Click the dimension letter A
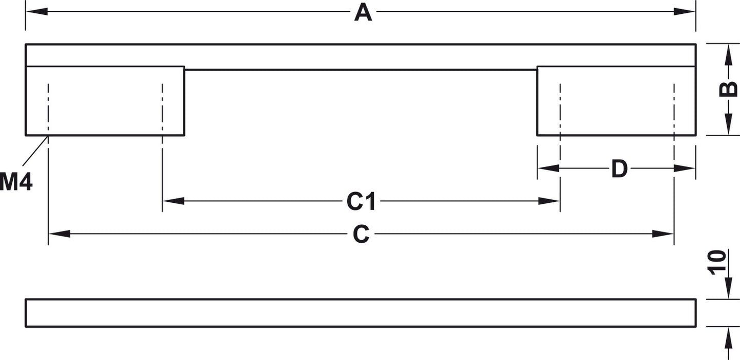363,13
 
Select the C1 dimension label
361,201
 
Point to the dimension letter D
620,169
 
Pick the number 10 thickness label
716,263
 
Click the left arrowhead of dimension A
37,12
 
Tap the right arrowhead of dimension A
684,12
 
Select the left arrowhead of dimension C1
174,201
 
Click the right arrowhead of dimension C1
548,201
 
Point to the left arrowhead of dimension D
548,168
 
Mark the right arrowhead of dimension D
684,168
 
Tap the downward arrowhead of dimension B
728,124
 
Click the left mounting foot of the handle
105,101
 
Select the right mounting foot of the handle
617,101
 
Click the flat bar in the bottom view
361,313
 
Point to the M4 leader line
35,151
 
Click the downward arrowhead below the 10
728,288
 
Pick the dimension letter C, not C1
361,234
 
